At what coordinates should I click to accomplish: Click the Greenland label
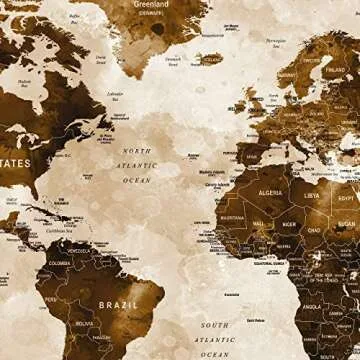[x=150, y=5]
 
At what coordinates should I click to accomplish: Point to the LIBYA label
[x=312, y=196]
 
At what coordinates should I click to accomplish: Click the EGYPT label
[x=346, y=198]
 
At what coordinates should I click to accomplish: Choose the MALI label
[x=259, y=225]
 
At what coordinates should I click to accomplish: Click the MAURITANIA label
[x=232, y=217]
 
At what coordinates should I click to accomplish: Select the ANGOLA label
[x=312, y=307]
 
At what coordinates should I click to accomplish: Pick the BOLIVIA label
[x=84, y=323]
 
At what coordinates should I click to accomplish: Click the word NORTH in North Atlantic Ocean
[x=137, y=151]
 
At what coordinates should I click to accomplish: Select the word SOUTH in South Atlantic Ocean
[x=213, y=325]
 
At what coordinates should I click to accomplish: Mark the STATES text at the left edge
[x=15, y=163]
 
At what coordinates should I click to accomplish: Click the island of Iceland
[x=211, y=60]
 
